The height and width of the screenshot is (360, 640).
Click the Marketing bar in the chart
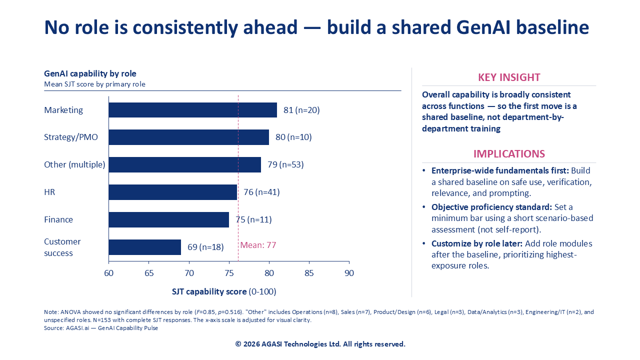[x=192, y=110]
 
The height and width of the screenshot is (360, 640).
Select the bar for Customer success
[x=144, y=247]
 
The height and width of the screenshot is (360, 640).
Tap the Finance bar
[x=168, y=219]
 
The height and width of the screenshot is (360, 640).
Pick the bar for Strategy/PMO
[x=188, y=137]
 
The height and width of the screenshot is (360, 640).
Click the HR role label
[x=50, y=192]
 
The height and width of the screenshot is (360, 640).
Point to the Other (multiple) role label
[x=74, y=164]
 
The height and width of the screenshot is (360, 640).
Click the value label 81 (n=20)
[x=301, y=110]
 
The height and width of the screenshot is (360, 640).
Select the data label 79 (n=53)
[x=285, y=164]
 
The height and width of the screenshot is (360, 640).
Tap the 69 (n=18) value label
[x=205, y=247]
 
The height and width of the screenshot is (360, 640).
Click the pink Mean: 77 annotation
[x=258, y=245]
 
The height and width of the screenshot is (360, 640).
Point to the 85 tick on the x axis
[x=309, y=273]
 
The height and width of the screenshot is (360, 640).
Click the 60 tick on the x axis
[x=108, y=273]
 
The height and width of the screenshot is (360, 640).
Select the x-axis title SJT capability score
[x=209, y=291]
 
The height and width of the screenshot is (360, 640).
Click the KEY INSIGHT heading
[x=509, y=77]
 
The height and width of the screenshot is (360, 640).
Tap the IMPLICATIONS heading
[x=509, y=154]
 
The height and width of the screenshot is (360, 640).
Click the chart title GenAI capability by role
[x=90, y=74]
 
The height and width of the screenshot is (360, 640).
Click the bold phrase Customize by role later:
[x=477, y=243]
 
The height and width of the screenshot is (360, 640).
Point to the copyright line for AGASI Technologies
[x=320, y=344]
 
